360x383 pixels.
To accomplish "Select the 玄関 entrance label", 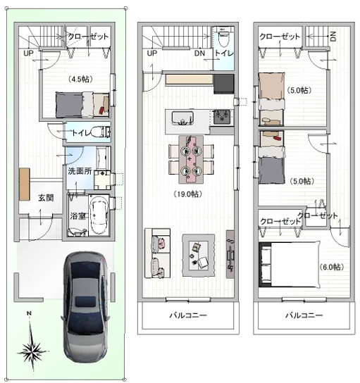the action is click(x=46, y=198).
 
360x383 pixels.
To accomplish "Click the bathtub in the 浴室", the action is click(x=99, y=215).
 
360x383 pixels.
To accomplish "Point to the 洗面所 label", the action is click(x=80, y=171).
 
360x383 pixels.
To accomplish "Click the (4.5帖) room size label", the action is click(x=80, y=79).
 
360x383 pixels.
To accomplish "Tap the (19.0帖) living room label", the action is click(x=187, y=194).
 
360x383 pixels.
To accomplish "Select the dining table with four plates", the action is click(x=191, y=159).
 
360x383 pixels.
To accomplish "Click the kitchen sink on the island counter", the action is click(x=182, y=118).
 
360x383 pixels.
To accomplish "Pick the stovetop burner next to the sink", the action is click(x=222, y=117).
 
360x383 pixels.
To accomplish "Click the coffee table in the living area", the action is click(x=199, y=255).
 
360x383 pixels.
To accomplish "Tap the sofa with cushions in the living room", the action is click(x=157, y=253).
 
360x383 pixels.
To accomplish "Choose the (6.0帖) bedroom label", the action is click(x=331, y=267).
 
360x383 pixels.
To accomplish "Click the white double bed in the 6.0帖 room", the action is click(x=290, y=265).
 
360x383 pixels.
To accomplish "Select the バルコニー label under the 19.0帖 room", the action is click(x=188, y=315).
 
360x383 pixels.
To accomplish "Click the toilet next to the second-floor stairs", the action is click(x=223, y=39).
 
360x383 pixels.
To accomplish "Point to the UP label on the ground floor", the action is click(x=28, y=53).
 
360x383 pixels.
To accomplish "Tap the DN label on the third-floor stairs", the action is click(x=333, y=37).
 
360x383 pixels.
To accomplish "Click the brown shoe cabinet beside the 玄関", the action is click(x=25, y=184).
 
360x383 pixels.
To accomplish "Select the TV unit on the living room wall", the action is click(x=230, y=254).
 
